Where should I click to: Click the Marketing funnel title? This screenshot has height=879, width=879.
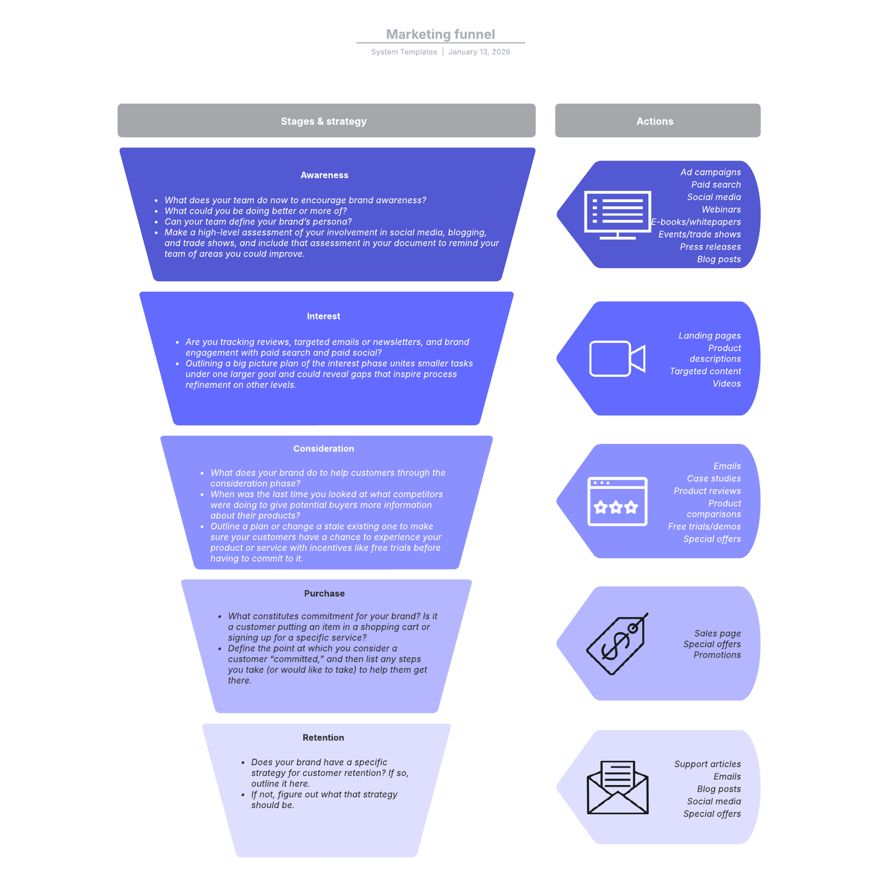coord(441,34)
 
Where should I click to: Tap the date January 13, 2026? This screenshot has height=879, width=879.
coord(479,52)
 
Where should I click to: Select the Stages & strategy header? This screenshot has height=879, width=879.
coord(324,121)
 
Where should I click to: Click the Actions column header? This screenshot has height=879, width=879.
coord(655,121)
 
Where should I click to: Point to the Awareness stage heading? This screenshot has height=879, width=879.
coord(324,175)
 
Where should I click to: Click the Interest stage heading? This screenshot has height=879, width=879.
coord(324,316)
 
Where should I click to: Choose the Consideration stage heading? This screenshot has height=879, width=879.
coord(324,449)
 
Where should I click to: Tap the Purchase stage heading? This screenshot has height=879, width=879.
coord(324,593)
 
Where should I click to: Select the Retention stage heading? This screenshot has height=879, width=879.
coord(323,738)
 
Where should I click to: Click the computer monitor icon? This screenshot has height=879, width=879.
coord(617,215)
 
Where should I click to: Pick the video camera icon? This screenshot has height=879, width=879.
coord(617,359)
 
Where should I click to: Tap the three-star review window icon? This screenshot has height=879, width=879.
coord(617,502)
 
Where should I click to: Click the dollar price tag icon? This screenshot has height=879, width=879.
coord(617,644)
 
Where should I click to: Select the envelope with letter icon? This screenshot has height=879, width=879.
coord(617,787)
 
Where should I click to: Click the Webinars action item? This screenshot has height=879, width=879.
coord(721,209)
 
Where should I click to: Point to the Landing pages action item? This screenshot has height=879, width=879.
coord(709,336)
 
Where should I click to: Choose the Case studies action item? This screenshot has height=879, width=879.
coord(714,479)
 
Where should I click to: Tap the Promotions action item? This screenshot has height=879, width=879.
coord(717,655)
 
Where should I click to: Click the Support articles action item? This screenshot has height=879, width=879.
coord(707,764)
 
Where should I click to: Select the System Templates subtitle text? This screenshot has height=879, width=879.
coord(404,52)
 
